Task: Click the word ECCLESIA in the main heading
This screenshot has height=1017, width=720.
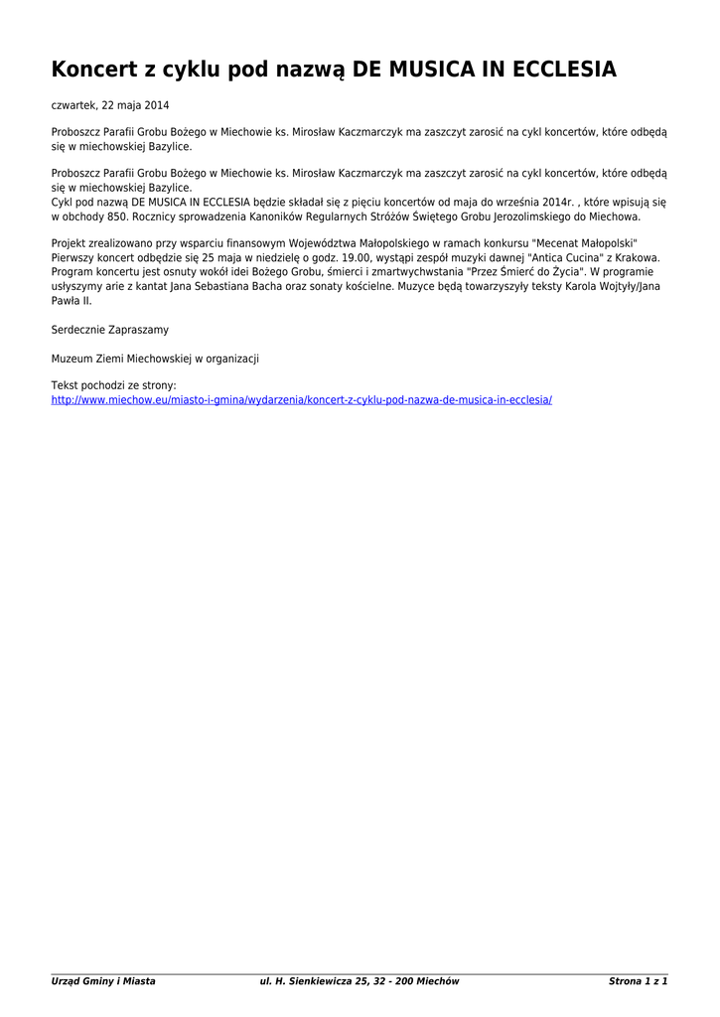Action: tap(557, 70)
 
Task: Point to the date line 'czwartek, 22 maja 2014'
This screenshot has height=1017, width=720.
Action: tap(110, 104)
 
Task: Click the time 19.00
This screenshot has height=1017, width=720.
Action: tap(360, 257)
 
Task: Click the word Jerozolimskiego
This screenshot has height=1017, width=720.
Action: tap(530, 216)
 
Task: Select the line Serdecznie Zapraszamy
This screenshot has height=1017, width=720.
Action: tap(110, 329)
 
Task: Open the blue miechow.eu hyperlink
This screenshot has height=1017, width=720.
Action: tap(301, 399)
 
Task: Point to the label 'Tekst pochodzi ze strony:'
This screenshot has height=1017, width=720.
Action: tap(113, 385)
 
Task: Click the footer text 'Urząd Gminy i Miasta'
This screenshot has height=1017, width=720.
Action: tap(103, 981)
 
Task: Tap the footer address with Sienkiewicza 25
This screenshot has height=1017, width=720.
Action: tap(360, 981)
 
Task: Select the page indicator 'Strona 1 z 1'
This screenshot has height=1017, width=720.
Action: tap(638, 981)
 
